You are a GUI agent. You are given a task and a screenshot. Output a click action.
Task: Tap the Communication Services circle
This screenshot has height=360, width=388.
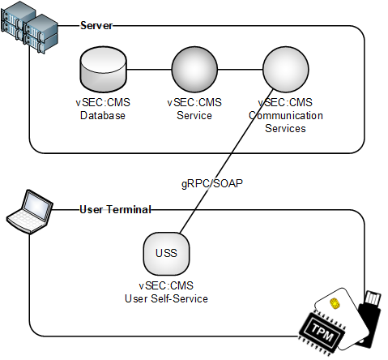pos(284,71)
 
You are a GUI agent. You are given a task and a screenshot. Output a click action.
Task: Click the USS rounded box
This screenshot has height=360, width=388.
pos(166,253)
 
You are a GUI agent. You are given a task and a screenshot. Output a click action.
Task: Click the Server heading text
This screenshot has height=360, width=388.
pos(96,26)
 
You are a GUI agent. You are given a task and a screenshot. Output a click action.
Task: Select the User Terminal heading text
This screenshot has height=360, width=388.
pos(115,209)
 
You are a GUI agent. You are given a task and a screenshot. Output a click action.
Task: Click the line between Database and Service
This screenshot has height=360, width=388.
pos(147,71)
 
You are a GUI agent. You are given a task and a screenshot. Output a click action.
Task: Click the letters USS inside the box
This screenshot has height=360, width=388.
pos(166,253)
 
